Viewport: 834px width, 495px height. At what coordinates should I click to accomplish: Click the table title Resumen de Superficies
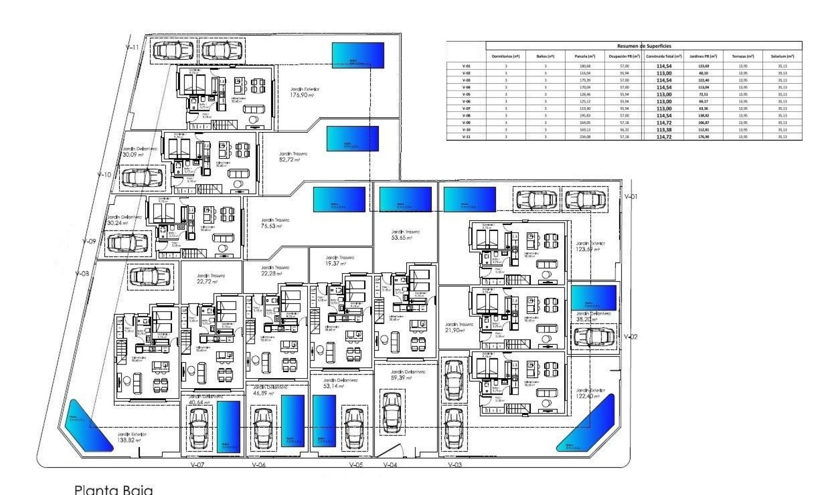(x=644, y=46)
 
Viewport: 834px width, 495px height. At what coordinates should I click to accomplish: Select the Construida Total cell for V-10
(x=664, y=129)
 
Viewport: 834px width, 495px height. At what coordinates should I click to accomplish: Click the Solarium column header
(x=782, y=56)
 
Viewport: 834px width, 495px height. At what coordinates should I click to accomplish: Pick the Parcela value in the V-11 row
(x=585, y=137)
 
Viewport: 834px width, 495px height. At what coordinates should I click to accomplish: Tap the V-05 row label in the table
(x=466, y=94)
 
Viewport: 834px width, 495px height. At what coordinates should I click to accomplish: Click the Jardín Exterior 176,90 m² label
(x=304, y=92)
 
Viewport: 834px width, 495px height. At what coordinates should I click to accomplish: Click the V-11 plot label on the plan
(x=132, y=47)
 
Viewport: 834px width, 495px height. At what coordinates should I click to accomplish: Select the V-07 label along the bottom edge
(x=197, y=465)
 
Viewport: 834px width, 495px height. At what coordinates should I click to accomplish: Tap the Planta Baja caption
(x=114, y=490)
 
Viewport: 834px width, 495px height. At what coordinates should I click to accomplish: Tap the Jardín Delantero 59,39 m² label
(x=407, y=375)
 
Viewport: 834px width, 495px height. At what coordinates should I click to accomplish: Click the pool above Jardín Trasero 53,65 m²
(x=405, y=199)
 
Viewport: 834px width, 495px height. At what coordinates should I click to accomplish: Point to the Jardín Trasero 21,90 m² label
(x=459, y=327)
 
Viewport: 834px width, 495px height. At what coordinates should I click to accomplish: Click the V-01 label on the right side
(x=631, y=197)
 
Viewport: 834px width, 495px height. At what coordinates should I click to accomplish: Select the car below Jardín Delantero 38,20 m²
(x=594, y=337)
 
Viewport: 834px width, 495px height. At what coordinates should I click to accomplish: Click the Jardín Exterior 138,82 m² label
(x=131, y=437)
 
